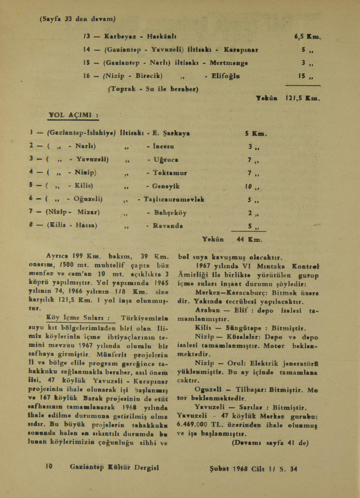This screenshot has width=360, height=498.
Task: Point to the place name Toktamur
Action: click(170, 173)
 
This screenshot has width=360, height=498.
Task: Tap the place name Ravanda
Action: click(168, 226)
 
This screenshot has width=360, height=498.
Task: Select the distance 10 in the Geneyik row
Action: click(250, 186)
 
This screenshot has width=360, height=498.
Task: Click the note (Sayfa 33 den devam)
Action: click(77, 19)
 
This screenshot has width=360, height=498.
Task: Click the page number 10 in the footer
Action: click(49, 466)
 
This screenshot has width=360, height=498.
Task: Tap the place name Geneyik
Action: click(166, 186)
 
